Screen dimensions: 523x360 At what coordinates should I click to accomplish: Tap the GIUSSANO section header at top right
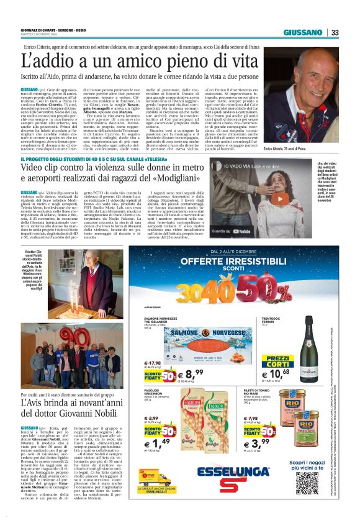tap(303, 32)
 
